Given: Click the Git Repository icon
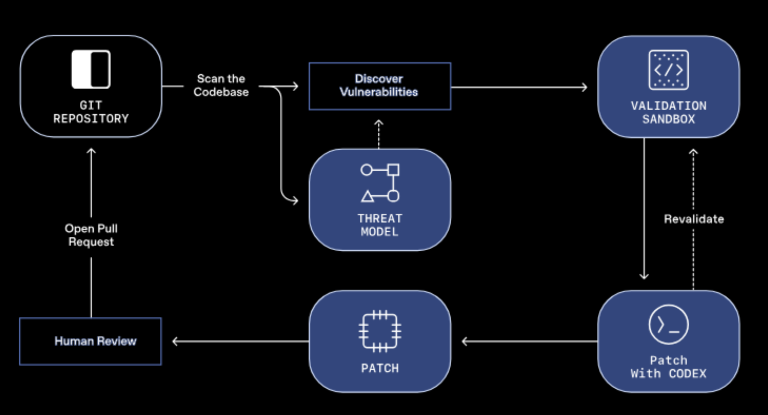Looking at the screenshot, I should coord(91,69).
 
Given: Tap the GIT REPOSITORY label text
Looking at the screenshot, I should coord(91,112).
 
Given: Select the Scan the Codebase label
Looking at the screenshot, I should coord(221,85).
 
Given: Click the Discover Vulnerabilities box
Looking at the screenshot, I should coord(380,86).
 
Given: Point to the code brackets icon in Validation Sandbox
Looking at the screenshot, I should coord(668,70).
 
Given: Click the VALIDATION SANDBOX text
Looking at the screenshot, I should coord(668,112).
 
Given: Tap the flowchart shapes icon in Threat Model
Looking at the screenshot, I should coord(380,183).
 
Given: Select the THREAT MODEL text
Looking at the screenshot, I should coord(380,225).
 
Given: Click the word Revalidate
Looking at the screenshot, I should coord(694,219).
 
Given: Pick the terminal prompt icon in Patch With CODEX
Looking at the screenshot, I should coord(668,324).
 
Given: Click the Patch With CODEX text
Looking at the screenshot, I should coord(668,367).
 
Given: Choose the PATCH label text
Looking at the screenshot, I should coord(380,368).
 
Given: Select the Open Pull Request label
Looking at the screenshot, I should coord(91,235).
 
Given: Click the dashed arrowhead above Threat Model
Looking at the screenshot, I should coord(378,123).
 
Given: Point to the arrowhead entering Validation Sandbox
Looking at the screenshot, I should coord(584,87).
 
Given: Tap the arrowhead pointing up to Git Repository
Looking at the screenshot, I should coord(91,151).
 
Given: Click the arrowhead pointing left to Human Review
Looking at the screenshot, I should coord(175,341).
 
